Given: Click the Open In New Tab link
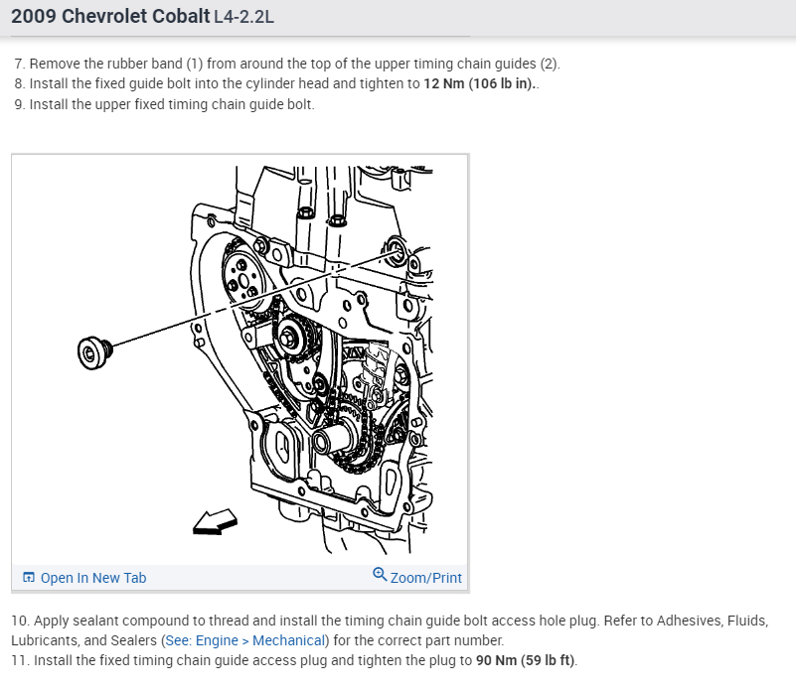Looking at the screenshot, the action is pyautogui.click(x=92, y=578).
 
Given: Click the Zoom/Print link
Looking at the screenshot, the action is pyautogui.click(x=425, y=578).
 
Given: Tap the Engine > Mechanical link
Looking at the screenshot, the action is pyautogui.click(x=260, y=640).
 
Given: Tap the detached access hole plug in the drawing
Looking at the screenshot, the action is pyautogui.click(x=91, y=350).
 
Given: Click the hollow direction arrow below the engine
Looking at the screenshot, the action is pyautogui.click(x=214, y=521).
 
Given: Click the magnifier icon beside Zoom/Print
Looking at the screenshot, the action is pyautogui.click(x=380, y=575).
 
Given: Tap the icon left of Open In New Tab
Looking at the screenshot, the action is pyautogui.click(x=29, y=578).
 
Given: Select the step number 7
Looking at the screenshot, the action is pyautogui.click(x=19, y=65).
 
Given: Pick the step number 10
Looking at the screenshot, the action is pyautogui.click(x=20, y=621).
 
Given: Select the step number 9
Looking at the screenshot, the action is pyautogui.click(x=19, y=104).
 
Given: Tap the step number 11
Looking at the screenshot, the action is pyautogui.click(x=19, y=660).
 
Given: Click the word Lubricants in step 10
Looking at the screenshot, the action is pyautogui.click(x=43, y=640).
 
